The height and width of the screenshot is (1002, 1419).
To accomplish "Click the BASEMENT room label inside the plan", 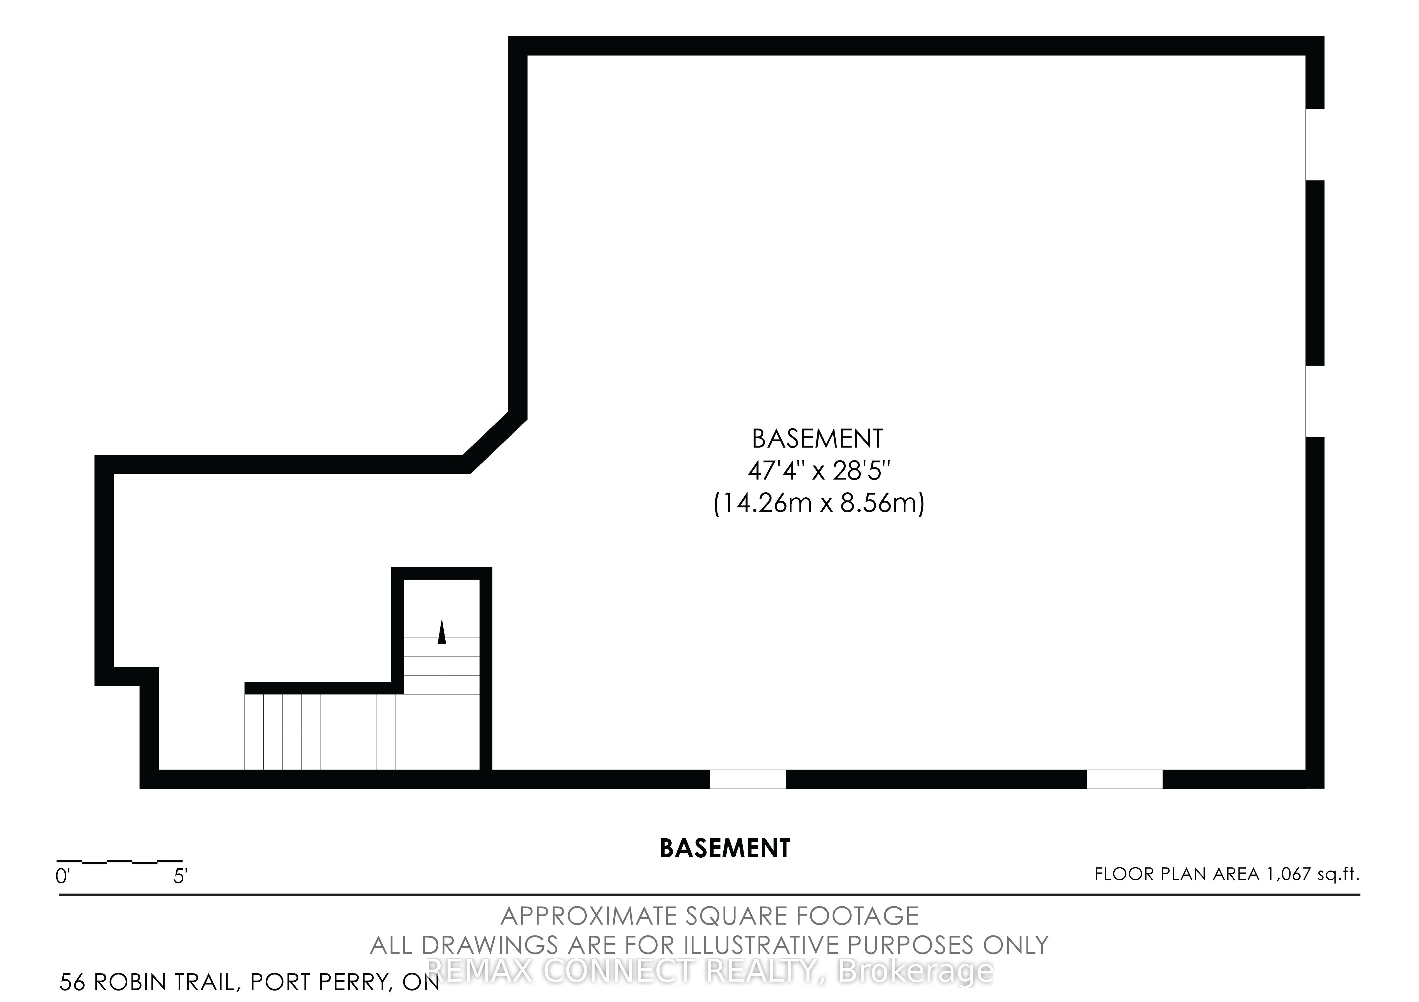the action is (x=818, y=439).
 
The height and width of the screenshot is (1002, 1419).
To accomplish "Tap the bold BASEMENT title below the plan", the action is (x=725, y=849).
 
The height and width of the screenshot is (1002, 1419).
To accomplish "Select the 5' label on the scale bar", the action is (x=180, y=876).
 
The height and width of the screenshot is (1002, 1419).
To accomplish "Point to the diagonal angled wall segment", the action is (x=495, y=442).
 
